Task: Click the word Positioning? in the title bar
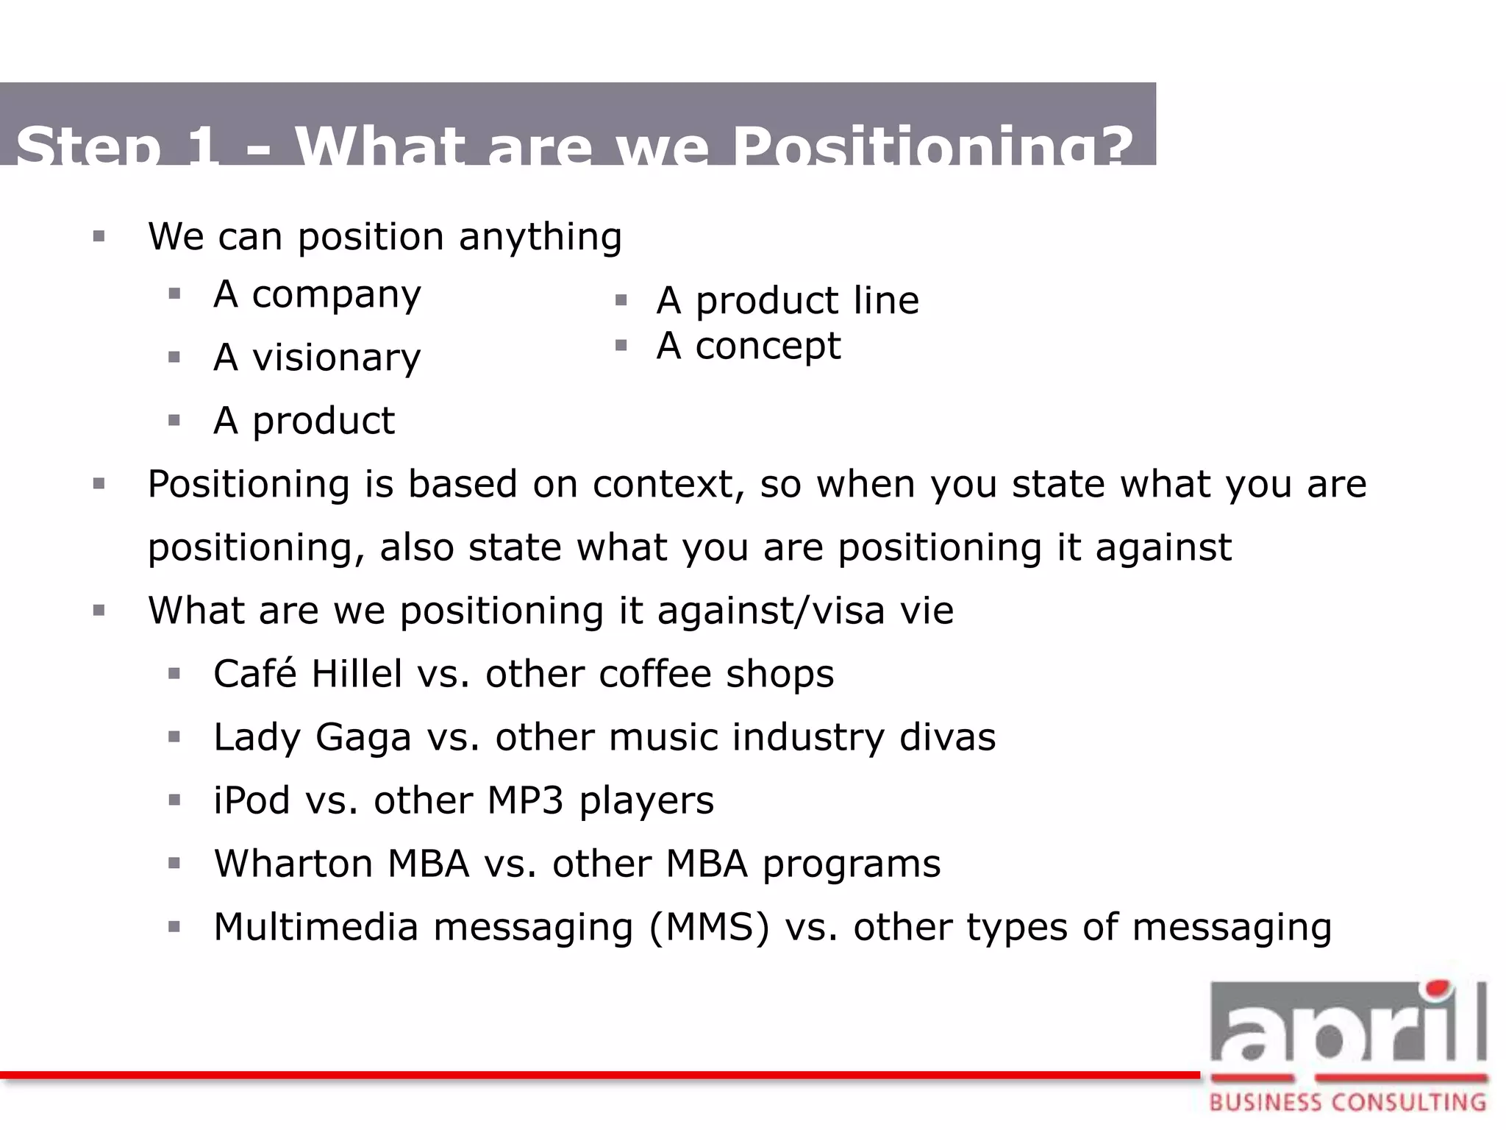click(x=932, y=146)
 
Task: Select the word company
click(x=336, y=296)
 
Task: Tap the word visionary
click(x=336, y=359)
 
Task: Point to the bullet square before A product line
click(x=621, y=300)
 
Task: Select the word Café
click(x=254, y=673)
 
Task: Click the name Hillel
click(x=357, y=674)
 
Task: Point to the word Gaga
click(x=363, y=738)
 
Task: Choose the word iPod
click(x=251, y=801)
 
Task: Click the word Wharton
click(x=293, y=864)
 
